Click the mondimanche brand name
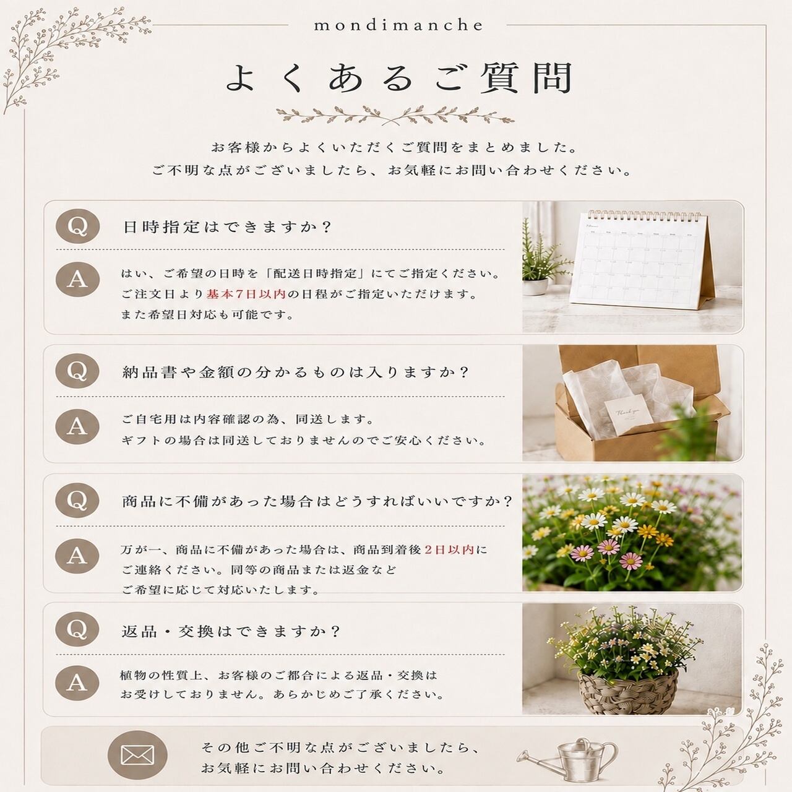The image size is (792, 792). pos(398,25)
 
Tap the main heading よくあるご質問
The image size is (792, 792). pos(398,78)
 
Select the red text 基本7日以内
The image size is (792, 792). pos(246,294)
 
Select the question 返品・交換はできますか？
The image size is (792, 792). pos(231,631)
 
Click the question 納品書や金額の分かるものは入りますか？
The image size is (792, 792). pos(295,372)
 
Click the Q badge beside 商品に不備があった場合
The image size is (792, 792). pos(78,500)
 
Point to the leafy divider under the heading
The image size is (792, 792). pos(395,115)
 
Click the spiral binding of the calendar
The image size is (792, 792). pos(644,215)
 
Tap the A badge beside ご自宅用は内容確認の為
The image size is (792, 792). pos(77,426)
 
